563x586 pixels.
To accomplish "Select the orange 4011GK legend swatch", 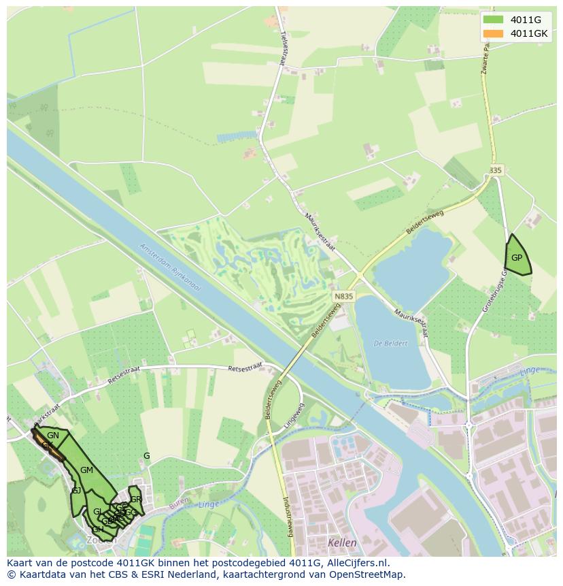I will click(x=493, y=33).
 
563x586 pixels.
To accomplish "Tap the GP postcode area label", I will click(x=517, y=258).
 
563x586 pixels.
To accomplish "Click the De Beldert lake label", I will click(x=390, y=343).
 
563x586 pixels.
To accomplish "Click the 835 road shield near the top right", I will click(x=495, y=170).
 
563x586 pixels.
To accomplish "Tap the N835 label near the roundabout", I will click(x=343, y=297).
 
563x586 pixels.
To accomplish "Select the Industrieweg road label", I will click(x=288, y=517).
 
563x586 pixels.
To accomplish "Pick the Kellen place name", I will click(x=341, y=542).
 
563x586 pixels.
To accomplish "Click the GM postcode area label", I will click(x=86, y=470).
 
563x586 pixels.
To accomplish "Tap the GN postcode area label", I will click(x=53, y=436).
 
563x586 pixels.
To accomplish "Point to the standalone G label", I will click(x=146, y=455).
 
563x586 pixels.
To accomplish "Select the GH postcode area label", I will click(x=98, y=529).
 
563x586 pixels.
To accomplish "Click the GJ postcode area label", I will click(x=76, y=490).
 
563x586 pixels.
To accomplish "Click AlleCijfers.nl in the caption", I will click(x=356, y=563).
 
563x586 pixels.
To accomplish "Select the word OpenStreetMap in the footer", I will click(x=368, y=574).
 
